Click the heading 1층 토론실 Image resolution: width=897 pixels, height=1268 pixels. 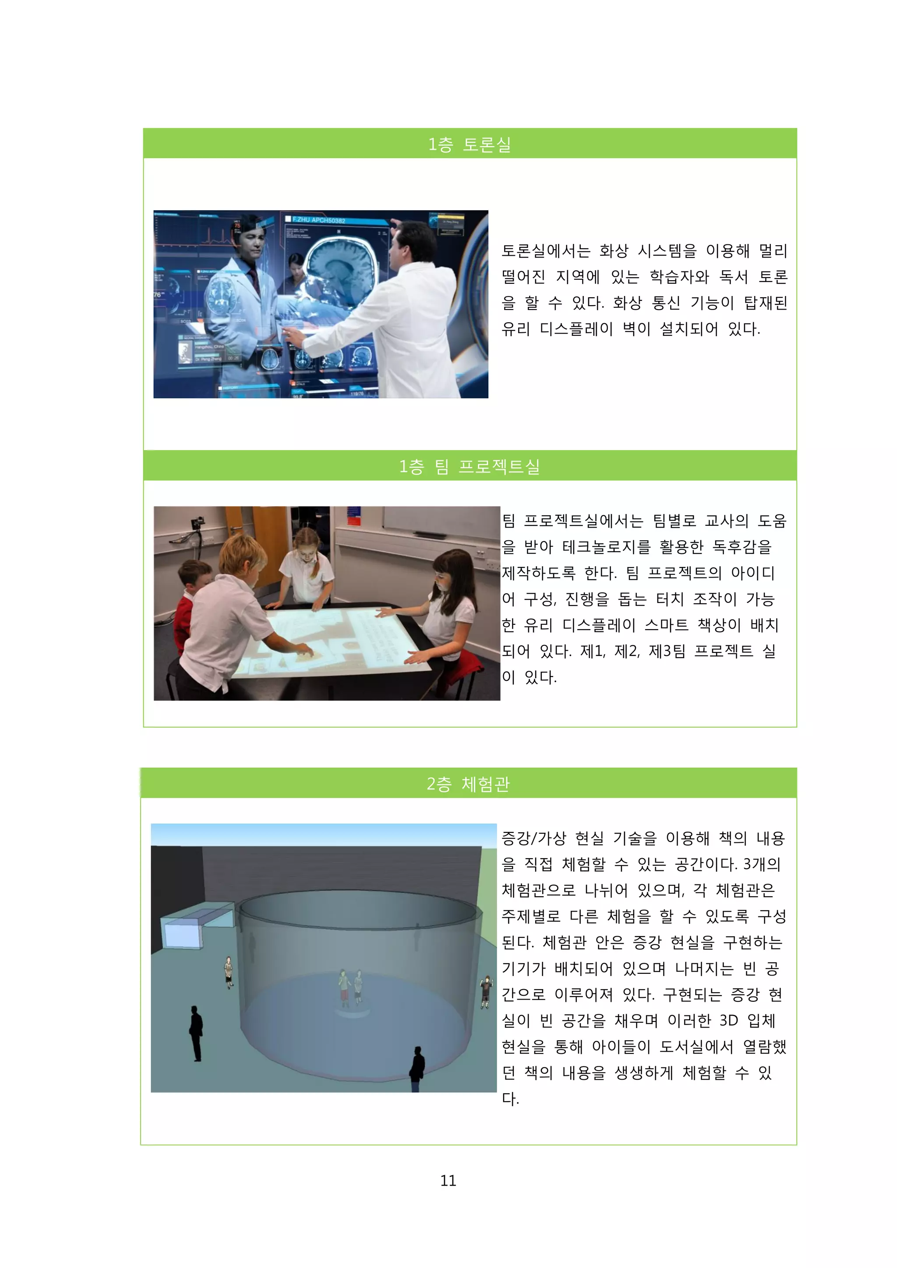[470, 144]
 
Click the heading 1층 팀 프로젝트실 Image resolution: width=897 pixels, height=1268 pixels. [470, 466]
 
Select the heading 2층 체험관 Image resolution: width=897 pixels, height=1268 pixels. [468, 784]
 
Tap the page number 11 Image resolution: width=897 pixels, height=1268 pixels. [448, 1180]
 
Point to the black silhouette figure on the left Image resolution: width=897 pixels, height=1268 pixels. [196, 1033]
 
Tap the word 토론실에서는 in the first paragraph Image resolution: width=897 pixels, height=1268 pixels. [546, 251]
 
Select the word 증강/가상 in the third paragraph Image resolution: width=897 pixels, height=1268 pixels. [533, 838]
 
